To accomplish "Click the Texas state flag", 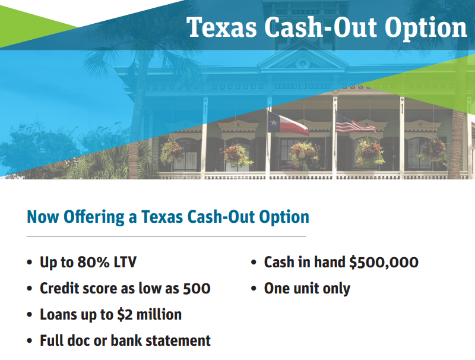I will [289, 124].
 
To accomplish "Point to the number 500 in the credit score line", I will [196, 289].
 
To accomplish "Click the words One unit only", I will [307, 289].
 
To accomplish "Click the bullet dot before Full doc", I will [30, 342].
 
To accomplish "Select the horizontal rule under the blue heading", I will [166, 236].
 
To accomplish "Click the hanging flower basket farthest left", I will [173, 151].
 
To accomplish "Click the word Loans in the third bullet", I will [58, 315].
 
